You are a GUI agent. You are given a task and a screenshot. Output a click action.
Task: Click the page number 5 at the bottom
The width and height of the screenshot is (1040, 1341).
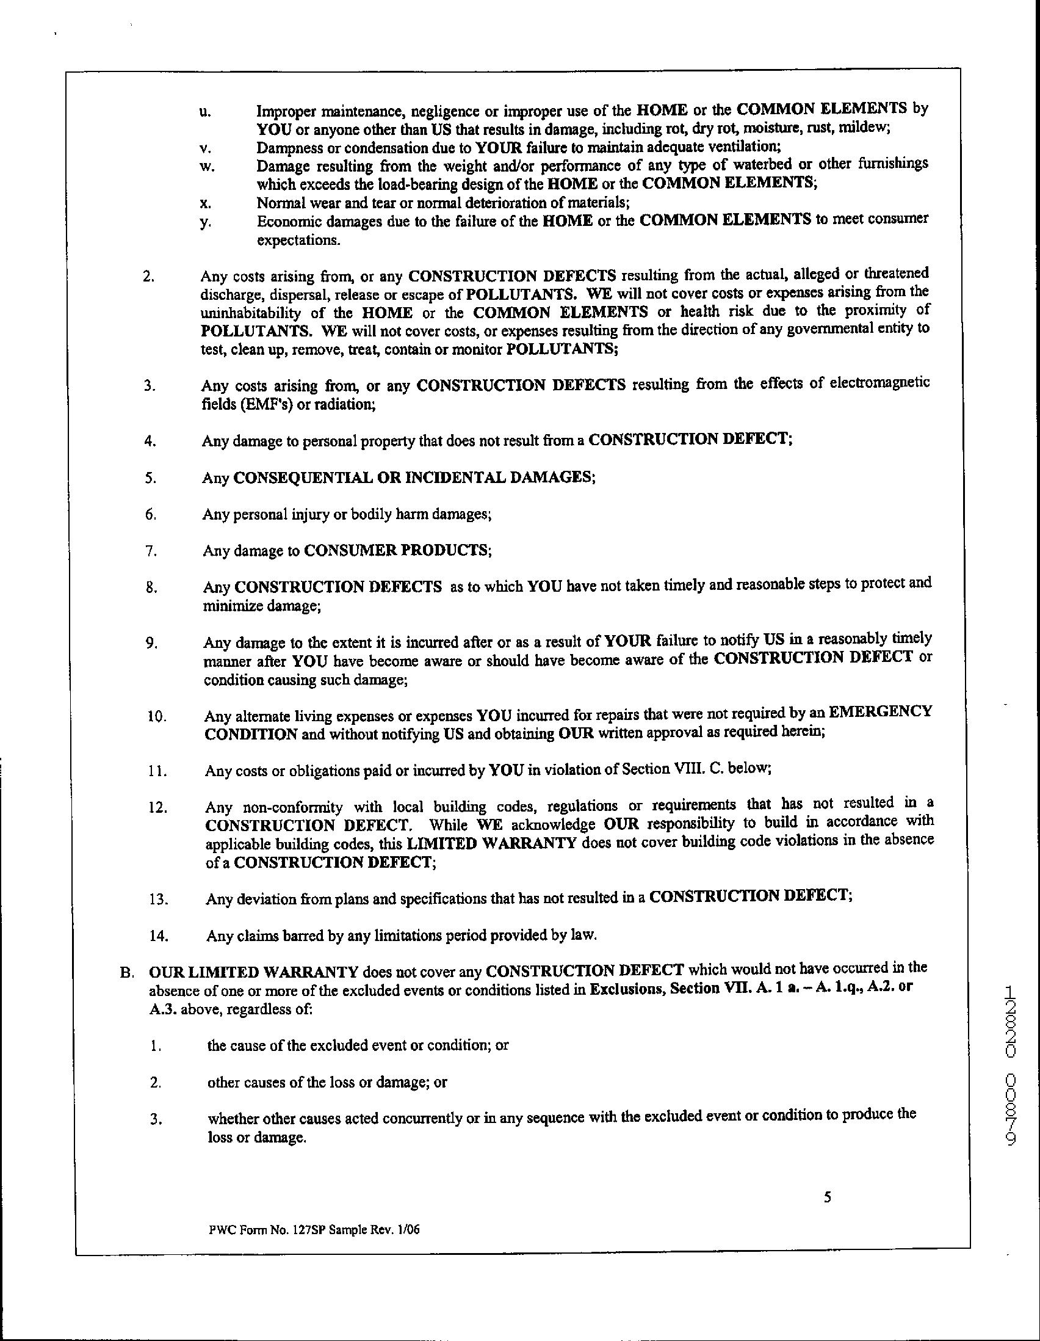(827, 1197)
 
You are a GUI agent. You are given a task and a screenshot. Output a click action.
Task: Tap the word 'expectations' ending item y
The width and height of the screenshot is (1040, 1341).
(298, 240)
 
